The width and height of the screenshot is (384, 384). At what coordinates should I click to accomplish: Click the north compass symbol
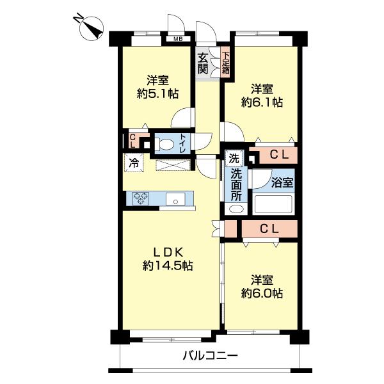pos(91,28)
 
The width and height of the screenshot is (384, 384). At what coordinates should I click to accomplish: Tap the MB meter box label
pos(178,38)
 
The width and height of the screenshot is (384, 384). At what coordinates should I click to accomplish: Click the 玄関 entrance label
pos(203,63)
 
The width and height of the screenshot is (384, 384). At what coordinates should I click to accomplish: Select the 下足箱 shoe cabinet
pos(225,63)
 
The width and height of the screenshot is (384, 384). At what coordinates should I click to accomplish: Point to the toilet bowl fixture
pos(164,145)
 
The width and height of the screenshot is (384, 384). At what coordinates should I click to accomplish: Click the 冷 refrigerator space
pos(134,163)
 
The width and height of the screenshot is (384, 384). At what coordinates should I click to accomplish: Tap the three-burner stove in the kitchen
pos(141,198)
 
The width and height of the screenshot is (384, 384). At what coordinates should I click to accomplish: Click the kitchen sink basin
pos(175,198)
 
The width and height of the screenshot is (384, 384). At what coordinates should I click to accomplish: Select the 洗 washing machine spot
pos(234,159)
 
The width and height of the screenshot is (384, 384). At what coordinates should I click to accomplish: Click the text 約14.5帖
pos(168,266)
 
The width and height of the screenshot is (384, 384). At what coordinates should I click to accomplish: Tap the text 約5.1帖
pos(157,93)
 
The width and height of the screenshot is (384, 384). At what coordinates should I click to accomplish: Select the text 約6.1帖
pos(262,102)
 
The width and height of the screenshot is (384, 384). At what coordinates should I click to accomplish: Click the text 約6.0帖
pos(262,293)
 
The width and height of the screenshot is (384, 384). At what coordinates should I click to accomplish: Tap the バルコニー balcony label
pos(211,355)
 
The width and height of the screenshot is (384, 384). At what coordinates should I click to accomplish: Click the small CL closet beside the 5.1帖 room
pos(133,141)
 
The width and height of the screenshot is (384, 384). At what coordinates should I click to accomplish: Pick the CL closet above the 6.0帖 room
pos(269,229)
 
